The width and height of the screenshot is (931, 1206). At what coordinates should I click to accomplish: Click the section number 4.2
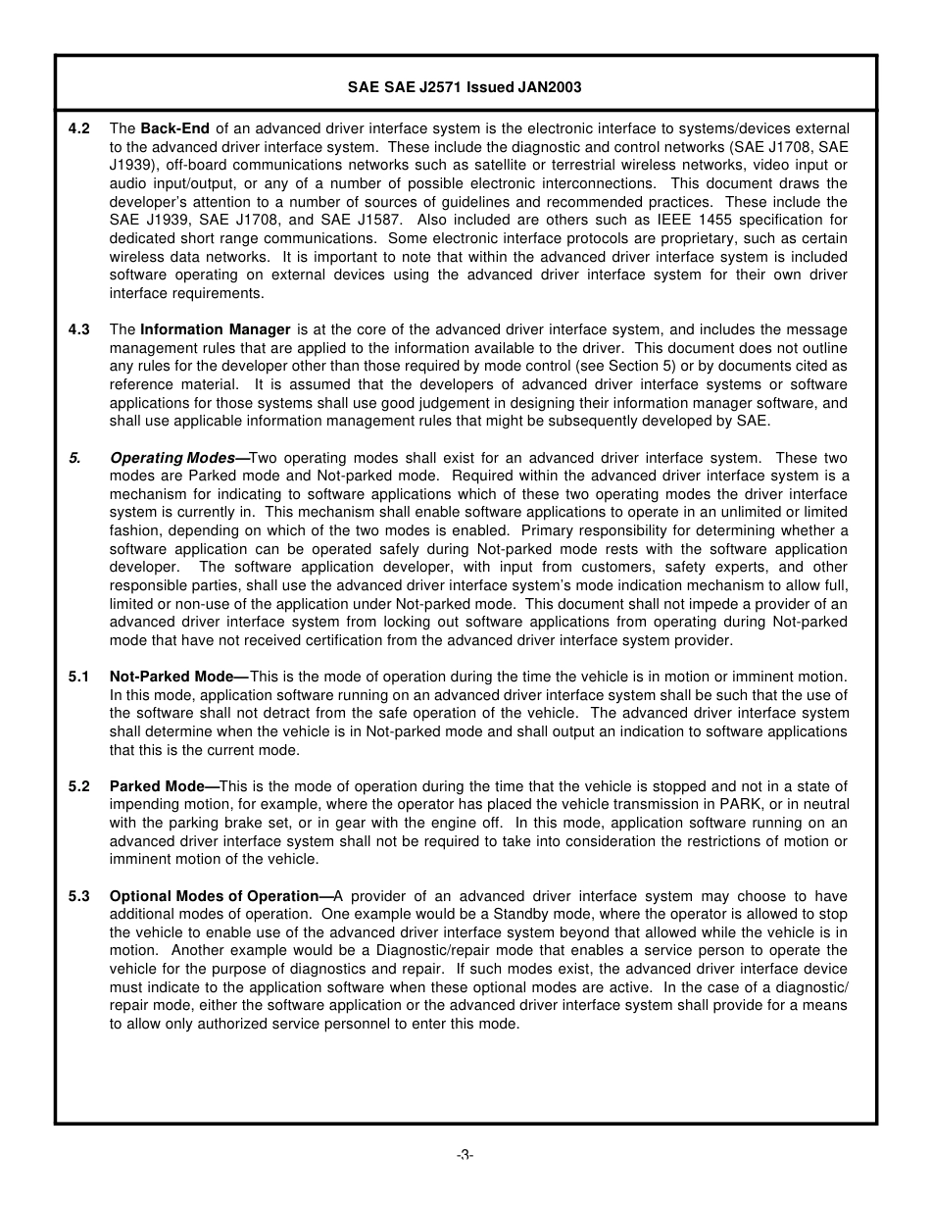click(x=79, y=128)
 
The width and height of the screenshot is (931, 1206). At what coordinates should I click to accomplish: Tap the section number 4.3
click(x=79, y=329)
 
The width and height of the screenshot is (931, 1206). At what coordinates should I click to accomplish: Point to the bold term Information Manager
click(x=216, y=329)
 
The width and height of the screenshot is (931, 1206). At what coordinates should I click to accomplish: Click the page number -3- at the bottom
click(x=465, y=1155)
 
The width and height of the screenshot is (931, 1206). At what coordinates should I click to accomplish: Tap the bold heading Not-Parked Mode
click(x=172, y=677)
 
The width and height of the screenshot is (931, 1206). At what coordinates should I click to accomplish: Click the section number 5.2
click(x=79, y=786)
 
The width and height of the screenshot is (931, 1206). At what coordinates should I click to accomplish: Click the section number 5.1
click(x=79, y=677)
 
